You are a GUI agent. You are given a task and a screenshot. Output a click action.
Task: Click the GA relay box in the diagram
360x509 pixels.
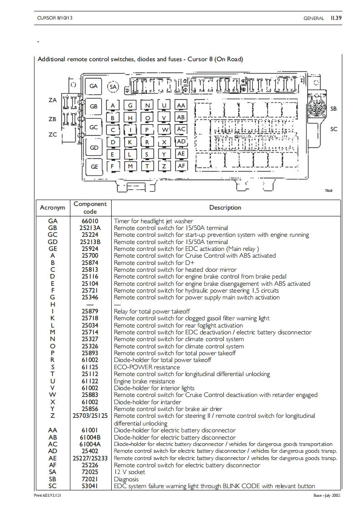click(x=94, y=86)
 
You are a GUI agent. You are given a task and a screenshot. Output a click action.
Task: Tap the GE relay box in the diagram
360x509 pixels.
click(x=94, y=166)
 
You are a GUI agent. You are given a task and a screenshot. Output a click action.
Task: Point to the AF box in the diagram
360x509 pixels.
click(x=181, y=166)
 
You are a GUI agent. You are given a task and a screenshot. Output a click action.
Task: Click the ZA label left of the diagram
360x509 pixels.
click(x=52, y=100)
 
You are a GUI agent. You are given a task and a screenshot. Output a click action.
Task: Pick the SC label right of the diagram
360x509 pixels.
click(x=334, y=129)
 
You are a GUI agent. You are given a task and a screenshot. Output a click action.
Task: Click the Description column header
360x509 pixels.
click(x=225, y=208)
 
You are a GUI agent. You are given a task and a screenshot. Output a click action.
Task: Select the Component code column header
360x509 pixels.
click(x=90, y=208)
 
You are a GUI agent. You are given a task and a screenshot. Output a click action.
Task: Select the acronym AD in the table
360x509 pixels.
click(x=53, y=451)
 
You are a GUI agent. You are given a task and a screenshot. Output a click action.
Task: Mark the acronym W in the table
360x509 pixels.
click(x=53, y=395)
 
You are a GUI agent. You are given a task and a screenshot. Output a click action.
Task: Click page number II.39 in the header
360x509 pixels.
click(x=336, y=18)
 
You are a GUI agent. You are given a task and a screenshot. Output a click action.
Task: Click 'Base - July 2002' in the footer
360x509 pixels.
click(x=326, y=495)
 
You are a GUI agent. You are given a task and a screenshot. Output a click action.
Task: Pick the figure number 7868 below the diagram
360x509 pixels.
click(x=328, y=191)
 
